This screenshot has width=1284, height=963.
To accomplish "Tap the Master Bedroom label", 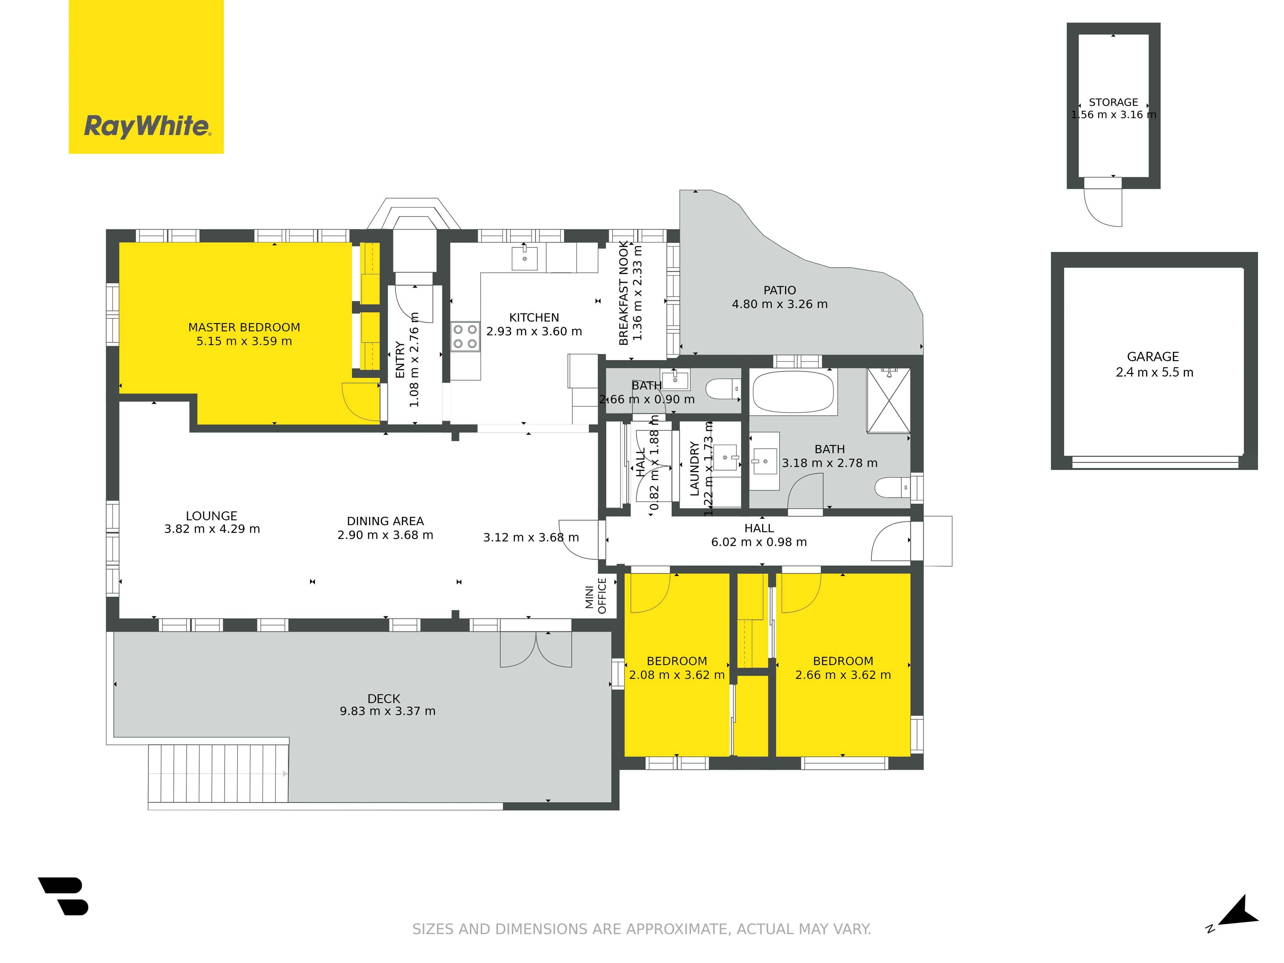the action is point(244,327).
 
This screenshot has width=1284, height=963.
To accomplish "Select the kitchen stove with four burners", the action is point(465,337).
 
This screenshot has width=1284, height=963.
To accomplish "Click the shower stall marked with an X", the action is point(888,401).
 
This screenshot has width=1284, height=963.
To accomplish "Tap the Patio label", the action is point(780,290).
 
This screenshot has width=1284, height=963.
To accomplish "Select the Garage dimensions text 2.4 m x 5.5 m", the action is point(1155,373).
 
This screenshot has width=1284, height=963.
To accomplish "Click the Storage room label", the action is point(1113,102).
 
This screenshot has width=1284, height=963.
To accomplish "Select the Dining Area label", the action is point(386,521).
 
